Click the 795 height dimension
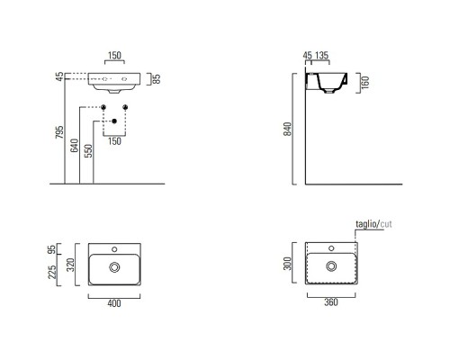[x=60, y=132]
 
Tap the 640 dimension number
[x=75, y=145]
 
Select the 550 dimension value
[x=88, y=151]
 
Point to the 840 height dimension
[x=287, y=129]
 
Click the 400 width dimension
[x=114, y=303]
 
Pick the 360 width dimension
[x=331, y=302]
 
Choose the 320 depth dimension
[x=70, y=265]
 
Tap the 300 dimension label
[x=287, y=264]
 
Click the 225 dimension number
[x=52, y=272]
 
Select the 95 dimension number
[x=52, y=249]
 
